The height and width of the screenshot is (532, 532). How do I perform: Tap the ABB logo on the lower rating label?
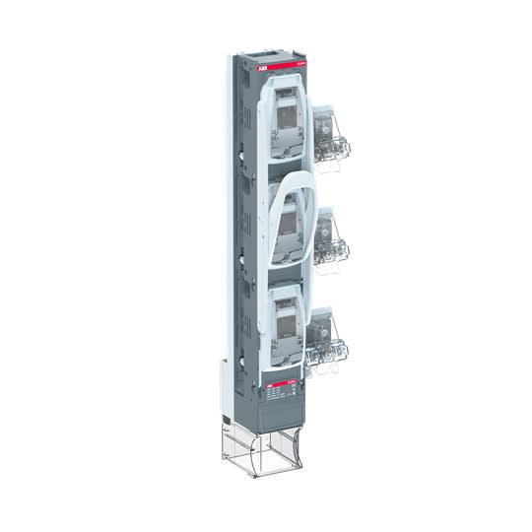pyautogui.click(x=270, y=378)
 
